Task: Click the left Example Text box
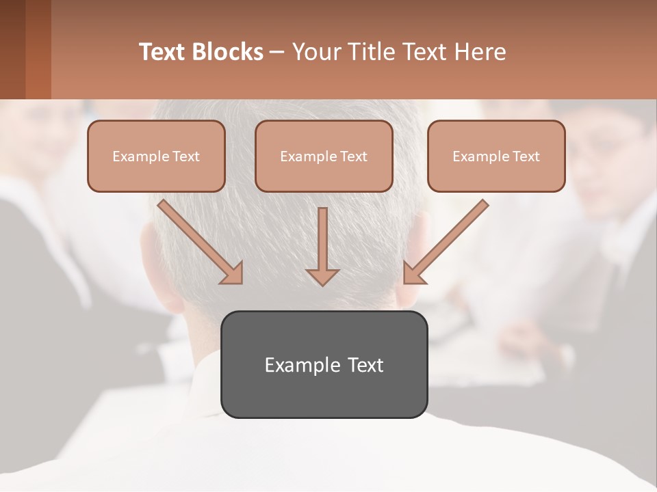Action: point(156,156)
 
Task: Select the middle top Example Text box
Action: point(324,156)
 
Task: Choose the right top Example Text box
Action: point(496,156)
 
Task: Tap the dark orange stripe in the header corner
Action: point(38,49)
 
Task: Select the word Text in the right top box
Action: point(526,156)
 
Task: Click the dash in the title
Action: point(277,52)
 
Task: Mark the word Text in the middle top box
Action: point(353,156)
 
